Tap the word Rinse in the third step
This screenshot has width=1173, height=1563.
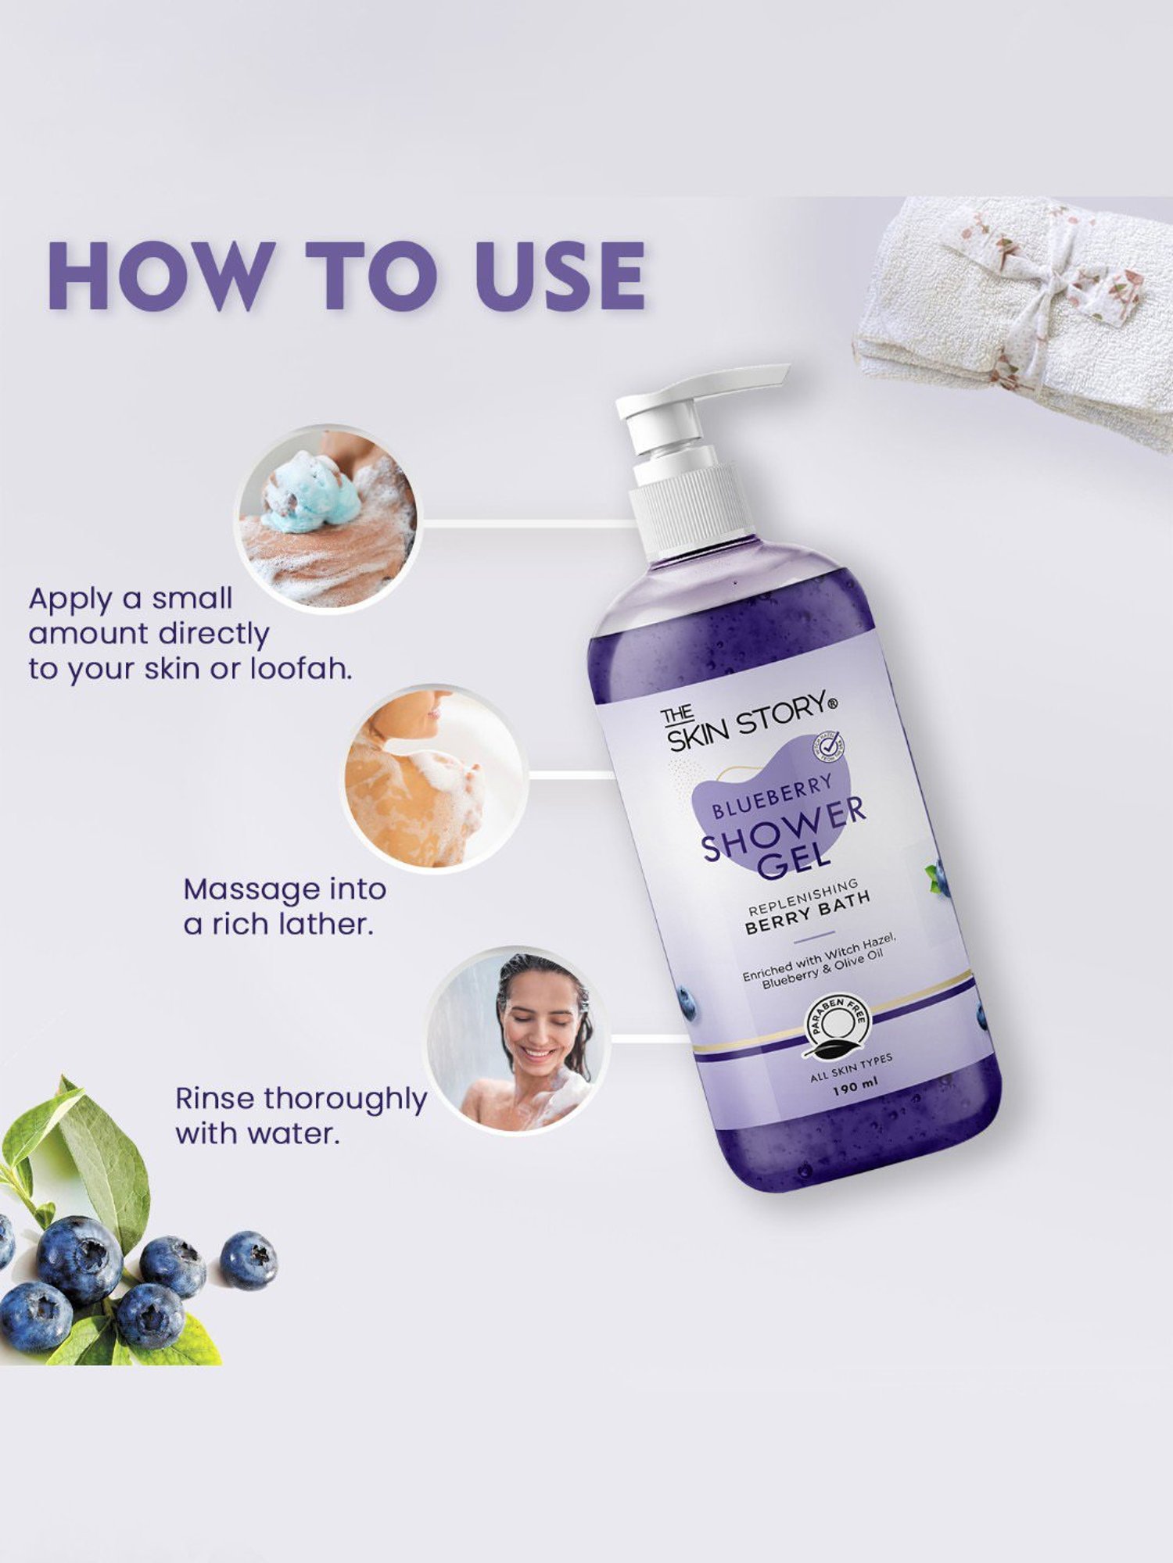pyautogui.click(x=214, y=1098)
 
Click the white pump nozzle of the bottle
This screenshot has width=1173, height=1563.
pyautogui.click(x=704, y=399)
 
